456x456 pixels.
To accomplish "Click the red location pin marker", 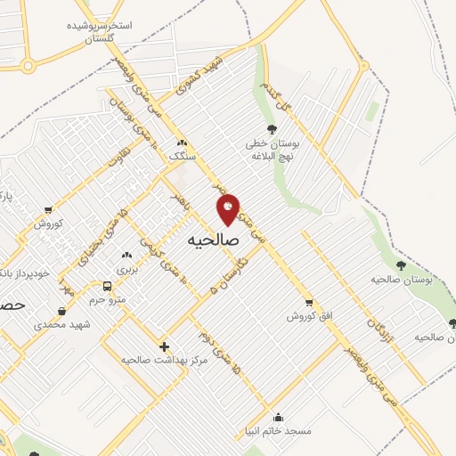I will pyautogui.click(x=228, y=209).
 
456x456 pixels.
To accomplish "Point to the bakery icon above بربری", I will pyautogui.click(x=126, y=255).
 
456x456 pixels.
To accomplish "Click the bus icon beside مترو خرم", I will pyautogui.click(x=108, y=287).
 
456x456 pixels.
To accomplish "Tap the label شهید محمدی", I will pyautogui.click(x=62, y=324).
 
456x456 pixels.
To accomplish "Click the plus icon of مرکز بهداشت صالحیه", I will pyautogui.click(x=164, y=346).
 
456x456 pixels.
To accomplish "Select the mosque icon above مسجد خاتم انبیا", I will pyautogui.click(x=279, y=417).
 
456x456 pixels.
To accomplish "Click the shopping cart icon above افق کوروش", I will pyautogui.click(x=308, y=303).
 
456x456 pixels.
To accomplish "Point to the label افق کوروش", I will pyautogui.click(x=308, y=316).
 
